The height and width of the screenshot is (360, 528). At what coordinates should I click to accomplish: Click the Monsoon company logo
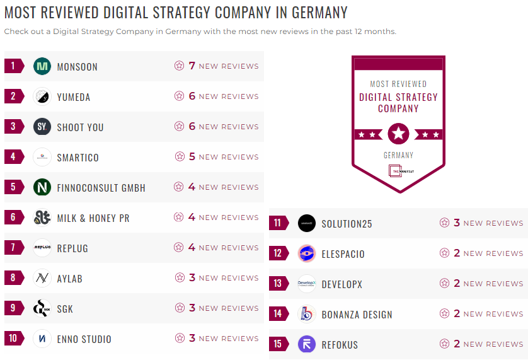pyautogui.click(x=42, y=66)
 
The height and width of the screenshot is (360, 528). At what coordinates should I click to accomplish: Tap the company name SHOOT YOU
pyautogui.click(x=80, y=127)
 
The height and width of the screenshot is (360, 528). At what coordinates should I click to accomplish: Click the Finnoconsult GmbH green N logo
pyautogui.click(x=42, y=187)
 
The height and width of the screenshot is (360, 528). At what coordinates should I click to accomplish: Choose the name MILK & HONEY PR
pyautogui.click(x=93, y=218)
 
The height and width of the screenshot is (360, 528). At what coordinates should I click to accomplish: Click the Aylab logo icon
pyautogui.click(x=42, y=278)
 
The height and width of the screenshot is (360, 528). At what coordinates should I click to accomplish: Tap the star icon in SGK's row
pyautogui.click(x=180, y=308)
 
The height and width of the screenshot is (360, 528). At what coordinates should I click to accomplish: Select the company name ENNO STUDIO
pyautogui.click(x=84, y=339)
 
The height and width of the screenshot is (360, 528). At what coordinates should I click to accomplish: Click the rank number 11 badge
pyautogui.click(x=278, y=223)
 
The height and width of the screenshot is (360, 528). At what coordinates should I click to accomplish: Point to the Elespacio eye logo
pyautogui.click(x=307, y=253)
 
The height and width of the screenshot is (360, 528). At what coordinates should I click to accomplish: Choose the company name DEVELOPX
pyautogui.click(x=342, y=284)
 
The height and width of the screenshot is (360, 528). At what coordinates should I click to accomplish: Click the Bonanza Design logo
pyautogui.click(x=307, y=314)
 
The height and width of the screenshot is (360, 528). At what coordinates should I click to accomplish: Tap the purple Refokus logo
pyautogui.click(x=307, y=344)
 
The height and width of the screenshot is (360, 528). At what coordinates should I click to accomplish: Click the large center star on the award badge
pyautogui.click(x=398, y=134)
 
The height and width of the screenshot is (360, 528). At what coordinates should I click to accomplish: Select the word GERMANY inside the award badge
pyautogui.click(x=398, y=155)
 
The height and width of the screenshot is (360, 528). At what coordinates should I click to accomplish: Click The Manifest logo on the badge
pyautogui.click(x=398, y=171)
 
